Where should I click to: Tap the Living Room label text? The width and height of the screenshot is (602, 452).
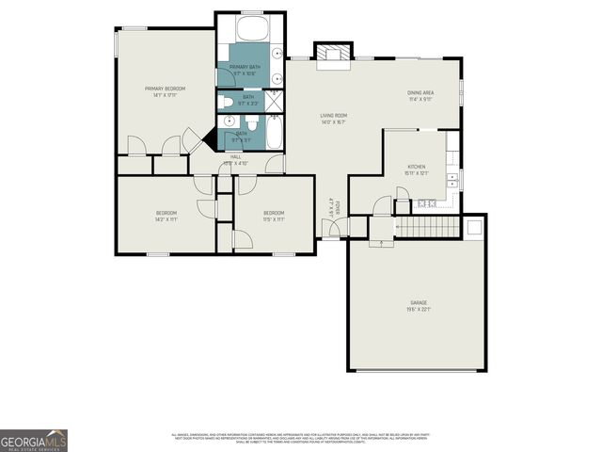(334, 115)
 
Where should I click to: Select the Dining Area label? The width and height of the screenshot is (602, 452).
(420, 92)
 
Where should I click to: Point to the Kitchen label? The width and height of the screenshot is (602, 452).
(417, 166)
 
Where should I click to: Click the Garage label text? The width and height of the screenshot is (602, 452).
(418, 302)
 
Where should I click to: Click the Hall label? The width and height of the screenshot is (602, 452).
(235, 159)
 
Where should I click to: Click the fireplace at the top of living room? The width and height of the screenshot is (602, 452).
(332, 55)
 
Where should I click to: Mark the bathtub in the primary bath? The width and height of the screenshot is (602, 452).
(251, 27)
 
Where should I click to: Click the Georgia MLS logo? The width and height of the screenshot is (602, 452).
(34, 440)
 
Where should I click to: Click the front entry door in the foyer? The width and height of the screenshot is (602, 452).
(332, 225)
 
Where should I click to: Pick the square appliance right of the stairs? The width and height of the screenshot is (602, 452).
(474, 226)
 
